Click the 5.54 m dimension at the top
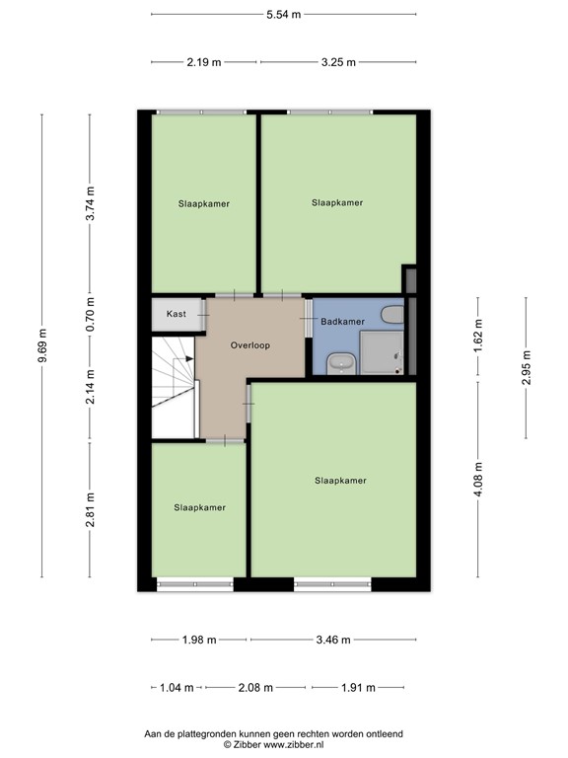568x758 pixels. click(x=284, y=15)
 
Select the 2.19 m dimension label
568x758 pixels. click(x=204, y=61)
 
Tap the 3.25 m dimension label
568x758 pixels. click(x=338, y=61)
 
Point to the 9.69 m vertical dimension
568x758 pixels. click(x=42, y=344)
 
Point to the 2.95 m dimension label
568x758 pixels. click(x=526, y=368)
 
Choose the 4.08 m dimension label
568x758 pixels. click(x=478, y=482)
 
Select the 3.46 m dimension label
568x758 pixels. click(x=333, y=640)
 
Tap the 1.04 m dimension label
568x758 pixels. click(x=177, y=687)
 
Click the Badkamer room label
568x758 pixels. click(x=343, y=322)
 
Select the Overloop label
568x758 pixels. click(x=250, y=346)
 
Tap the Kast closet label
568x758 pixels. click(x=176, y=314)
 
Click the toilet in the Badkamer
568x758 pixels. click(x=392, y=316)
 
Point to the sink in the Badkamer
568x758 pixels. click(x=341, y=363)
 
